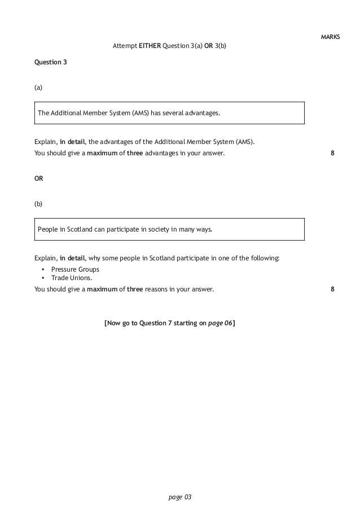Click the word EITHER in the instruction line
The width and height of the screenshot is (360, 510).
[x=150, y=45]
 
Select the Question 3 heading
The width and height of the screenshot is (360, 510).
[x=51, y=62]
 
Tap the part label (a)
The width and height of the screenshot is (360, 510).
[x=38, y=88]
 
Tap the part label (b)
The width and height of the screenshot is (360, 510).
[x=38, y=203]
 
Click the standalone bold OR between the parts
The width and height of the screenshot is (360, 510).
[x=39, y=178]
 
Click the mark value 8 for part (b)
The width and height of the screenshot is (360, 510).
[x=332, y=289]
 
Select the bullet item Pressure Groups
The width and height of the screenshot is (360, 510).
[x=75, y=269]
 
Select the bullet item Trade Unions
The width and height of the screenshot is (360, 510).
[x=71, y=278]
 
